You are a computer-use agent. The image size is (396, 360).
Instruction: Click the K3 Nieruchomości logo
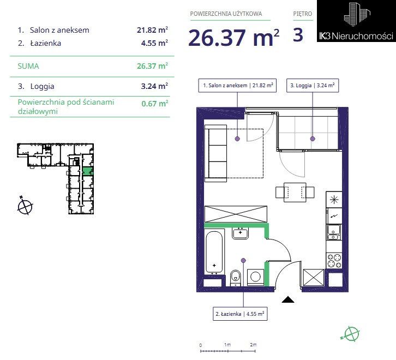(x=356, y=21)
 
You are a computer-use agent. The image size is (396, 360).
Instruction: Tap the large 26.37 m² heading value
(x=233, y=38)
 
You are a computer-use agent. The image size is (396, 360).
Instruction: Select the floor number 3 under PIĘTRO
(x=298, y=35)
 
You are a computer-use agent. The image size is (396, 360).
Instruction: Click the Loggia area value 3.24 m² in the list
(x=154, y=86)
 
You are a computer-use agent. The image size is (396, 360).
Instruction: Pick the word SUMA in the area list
(x=28, y=66)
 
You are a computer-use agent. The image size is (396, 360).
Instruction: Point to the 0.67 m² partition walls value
(x=155, y=104)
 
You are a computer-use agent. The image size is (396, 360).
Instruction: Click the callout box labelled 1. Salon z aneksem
(x=237, y=86)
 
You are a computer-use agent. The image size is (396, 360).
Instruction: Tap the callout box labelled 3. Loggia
(x=313, y=86)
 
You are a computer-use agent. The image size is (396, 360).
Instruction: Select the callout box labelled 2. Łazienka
(x=240, y=314)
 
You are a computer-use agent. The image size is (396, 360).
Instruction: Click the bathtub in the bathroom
(x=214, y=253)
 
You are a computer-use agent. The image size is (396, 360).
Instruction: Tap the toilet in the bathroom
(x=236, y=278)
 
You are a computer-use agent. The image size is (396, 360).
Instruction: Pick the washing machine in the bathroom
(x=256, y=277)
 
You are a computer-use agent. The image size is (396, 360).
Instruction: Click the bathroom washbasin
(x=240, y=233)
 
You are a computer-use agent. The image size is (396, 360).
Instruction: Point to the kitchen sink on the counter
(x=334, y=232)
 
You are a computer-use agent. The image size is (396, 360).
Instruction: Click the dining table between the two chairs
(x=295, y=192)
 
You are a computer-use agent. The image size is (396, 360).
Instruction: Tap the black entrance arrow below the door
(x=288, y=299)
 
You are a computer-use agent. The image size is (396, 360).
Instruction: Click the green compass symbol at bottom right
(x=351, y=334)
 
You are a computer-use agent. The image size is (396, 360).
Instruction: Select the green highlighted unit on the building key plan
(x=88, y=171)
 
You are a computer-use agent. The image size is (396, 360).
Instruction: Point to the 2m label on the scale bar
(x=253, y=345)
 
